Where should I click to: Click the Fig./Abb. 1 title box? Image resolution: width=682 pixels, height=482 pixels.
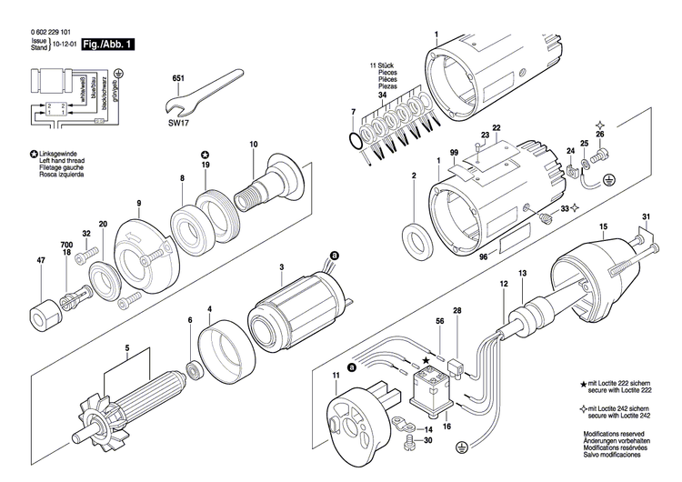pyautogui.click(x=107, y=42)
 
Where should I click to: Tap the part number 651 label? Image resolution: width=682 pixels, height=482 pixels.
pyautogui.click(x=177, y=79)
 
